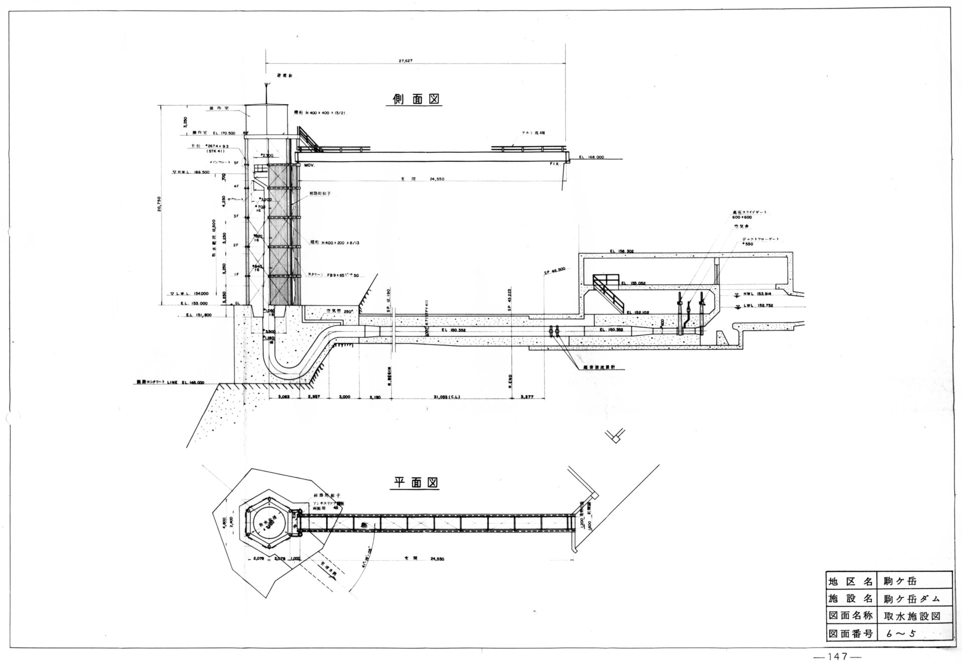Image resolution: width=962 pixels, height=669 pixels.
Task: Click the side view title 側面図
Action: [413, 99]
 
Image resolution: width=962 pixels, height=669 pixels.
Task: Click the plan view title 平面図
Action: [414, 483]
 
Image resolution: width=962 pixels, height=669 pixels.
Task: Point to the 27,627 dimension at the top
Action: [405, 61]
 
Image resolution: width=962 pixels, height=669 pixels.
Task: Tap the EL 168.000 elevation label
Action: [592, 157]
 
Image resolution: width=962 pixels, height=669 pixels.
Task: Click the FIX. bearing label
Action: [554, 164]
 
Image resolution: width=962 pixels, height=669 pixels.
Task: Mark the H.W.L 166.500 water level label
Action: [190, 172]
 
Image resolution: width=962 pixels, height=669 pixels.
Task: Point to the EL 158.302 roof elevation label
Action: [622, 251]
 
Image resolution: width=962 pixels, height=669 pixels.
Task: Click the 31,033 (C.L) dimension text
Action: [447, 397]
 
